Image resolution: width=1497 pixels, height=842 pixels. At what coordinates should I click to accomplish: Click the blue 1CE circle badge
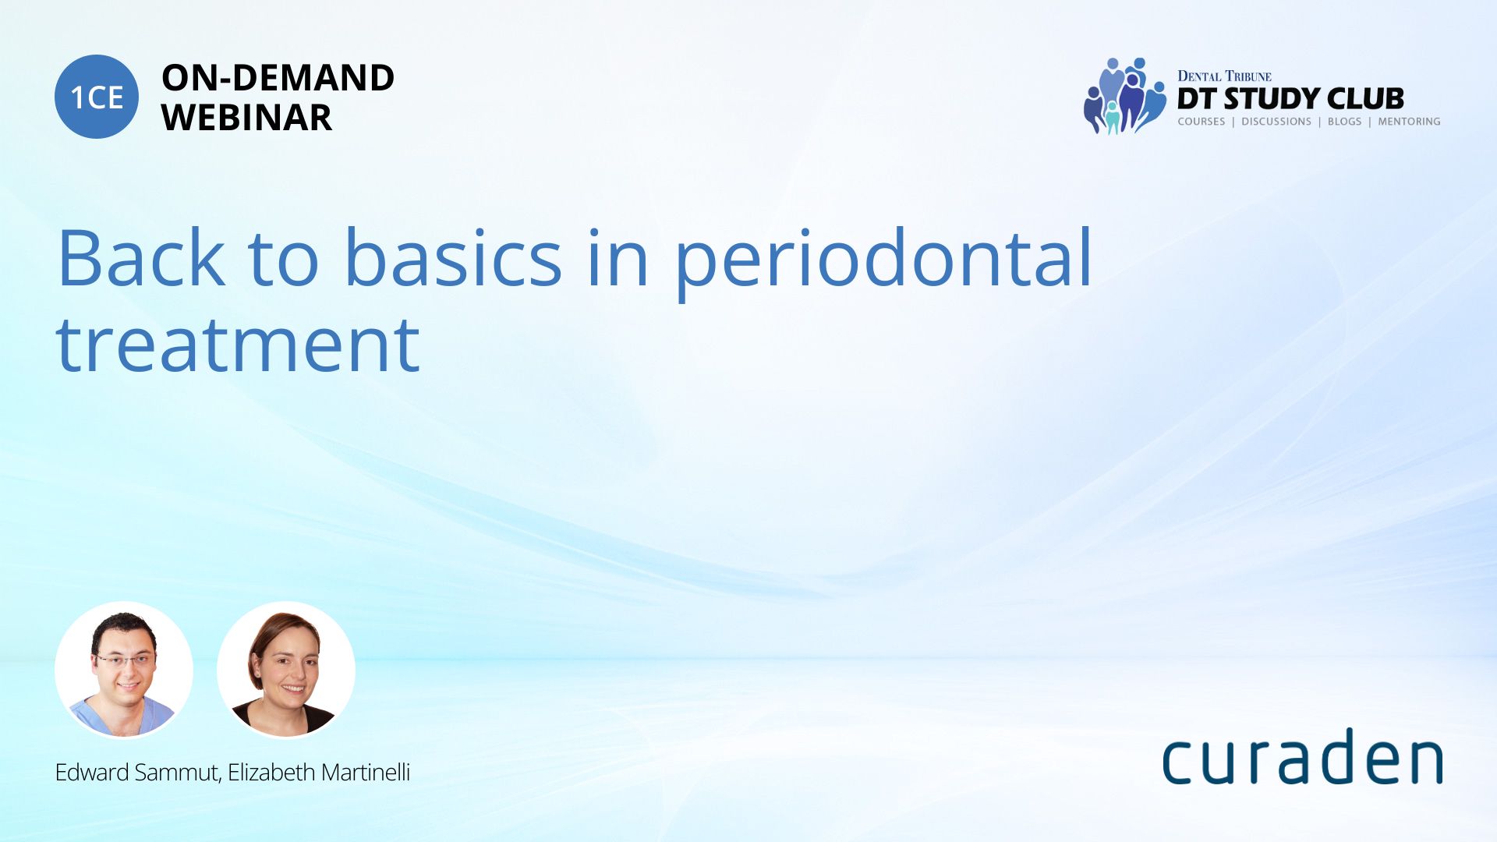click(x=97, y=97)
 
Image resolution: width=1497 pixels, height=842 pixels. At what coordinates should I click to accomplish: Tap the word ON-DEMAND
click(x=278, y=78)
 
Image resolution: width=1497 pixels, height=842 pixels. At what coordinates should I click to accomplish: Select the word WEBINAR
click(x=246, y=118)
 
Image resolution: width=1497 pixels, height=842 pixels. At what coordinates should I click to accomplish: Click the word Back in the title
click(x=141, y=257)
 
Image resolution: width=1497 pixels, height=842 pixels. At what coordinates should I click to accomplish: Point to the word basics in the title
click(x=453, y=257)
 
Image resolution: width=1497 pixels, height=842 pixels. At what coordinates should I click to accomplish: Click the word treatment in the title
click(x=238, y=345)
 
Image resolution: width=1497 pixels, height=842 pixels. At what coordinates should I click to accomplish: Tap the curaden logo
click(x=1302, y=756)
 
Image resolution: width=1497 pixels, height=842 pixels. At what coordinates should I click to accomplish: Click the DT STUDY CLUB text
click(x=1290, y=99)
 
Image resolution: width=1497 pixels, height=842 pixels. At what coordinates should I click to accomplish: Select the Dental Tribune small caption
click(x=1224, y=76)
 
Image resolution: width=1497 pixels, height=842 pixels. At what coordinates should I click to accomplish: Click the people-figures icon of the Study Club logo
click(x=1124, y=96)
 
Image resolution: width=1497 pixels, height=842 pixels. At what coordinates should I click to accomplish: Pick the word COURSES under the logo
click(x=1201, y=122)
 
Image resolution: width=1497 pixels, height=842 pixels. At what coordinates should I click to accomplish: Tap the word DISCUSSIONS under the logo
click(x=1276, y=122)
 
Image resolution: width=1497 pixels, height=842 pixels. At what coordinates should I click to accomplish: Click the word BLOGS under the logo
click(x=1345, y=122)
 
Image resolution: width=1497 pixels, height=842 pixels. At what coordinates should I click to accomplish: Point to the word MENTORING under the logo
click(x=1409, y=122)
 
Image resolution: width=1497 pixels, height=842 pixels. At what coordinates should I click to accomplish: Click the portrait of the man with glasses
click(x=124, y=670)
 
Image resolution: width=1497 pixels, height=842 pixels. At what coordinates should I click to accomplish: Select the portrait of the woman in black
click(x=286, y=670)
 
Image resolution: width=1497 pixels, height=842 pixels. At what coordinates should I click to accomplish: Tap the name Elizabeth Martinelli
click(x=319, y=773)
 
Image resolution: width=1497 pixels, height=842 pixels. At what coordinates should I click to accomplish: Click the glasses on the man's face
click(x=125, y=661)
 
